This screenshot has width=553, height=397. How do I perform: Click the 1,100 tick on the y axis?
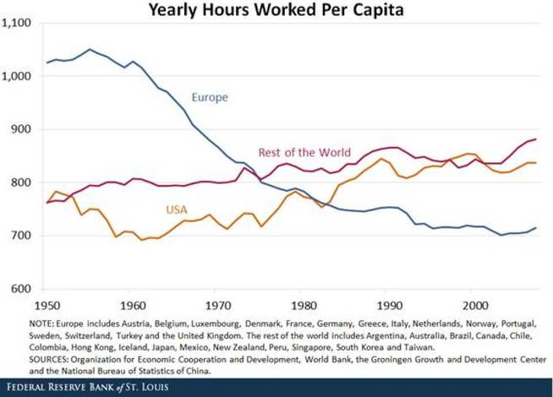coord(18,24)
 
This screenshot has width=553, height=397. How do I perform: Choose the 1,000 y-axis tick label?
coord(18,77)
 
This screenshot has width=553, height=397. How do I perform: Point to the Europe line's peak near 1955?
coord(90,49)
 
